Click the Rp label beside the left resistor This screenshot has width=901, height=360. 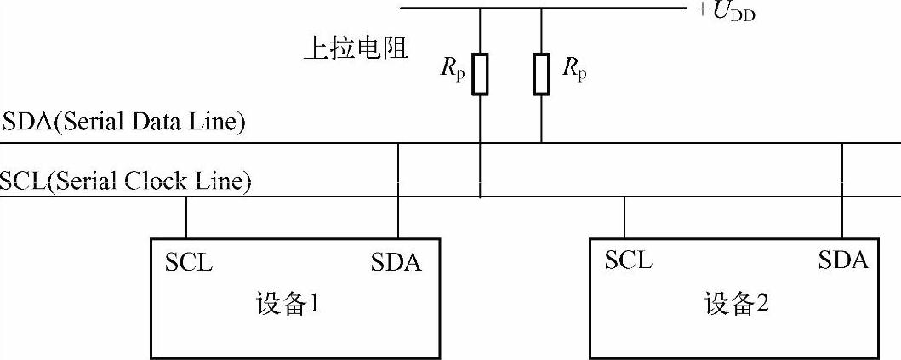[453, 70]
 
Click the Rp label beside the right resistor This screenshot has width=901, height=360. [575, 70]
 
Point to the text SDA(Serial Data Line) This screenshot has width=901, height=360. [125, 123]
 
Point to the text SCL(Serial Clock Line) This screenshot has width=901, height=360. [126, 181]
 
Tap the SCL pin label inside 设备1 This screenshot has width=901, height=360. [189, 261]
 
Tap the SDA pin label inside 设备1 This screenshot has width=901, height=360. [396, 262]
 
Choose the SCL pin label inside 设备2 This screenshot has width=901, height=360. [629, 260]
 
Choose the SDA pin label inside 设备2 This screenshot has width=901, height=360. [843, 260]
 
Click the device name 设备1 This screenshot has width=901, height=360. [288, 304]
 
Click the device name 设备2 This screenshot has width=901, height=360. [737, 304]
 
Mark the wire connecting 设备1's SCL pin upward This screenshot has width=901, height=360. [186, 217]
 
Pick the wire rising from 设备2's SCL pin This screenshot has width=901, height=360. [625, 217]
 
